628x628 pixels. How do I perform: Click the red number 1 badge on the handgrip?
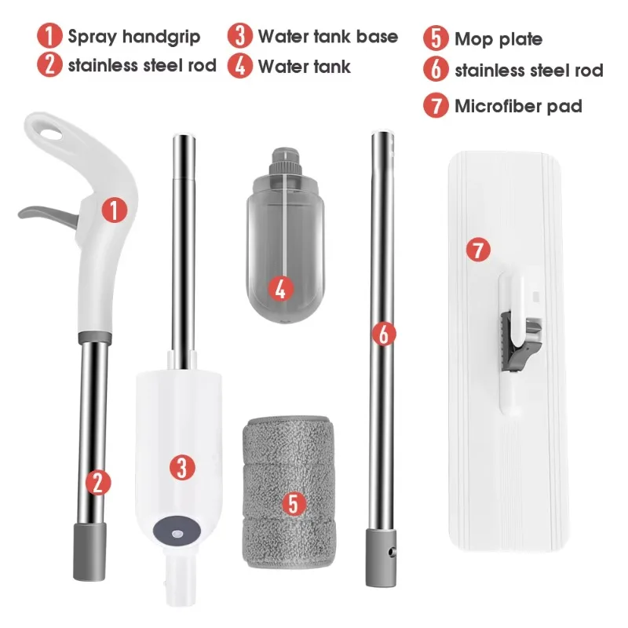tap(114, 210)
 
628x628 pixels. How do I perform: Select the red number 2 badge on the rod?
tap(98, 483)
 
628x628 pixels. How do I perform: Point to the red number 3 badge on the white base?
tap(182, 467)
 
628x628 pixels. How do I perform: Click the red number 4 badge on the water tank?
tap(280, 289)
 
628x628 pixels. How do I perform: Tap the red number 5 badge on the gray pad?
tap(294, 503)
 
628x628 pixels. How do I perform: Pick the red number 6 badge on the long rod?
tap(384, 334)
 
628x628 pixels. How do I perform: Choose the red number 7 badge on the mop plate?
tap(478, 250)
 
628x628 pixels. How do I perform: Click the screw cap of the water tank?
tap(284, 162)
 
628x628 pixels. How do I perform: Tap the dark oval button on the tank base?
tap(177, 531)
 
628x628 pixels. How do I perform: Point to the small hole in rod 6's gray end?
tap(390, 553)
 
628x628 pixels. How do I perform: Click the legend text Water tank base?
tap(328, 36)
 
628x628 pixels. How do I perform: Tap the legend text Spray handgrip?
tap(134, 37)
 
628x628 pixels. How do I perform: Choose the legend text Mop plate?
tap(498, 39)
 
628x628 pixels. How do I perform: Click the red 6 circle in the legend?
tap(436, 69)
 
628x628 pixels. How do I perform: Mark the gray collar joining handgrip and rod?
tap(95, 338)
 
